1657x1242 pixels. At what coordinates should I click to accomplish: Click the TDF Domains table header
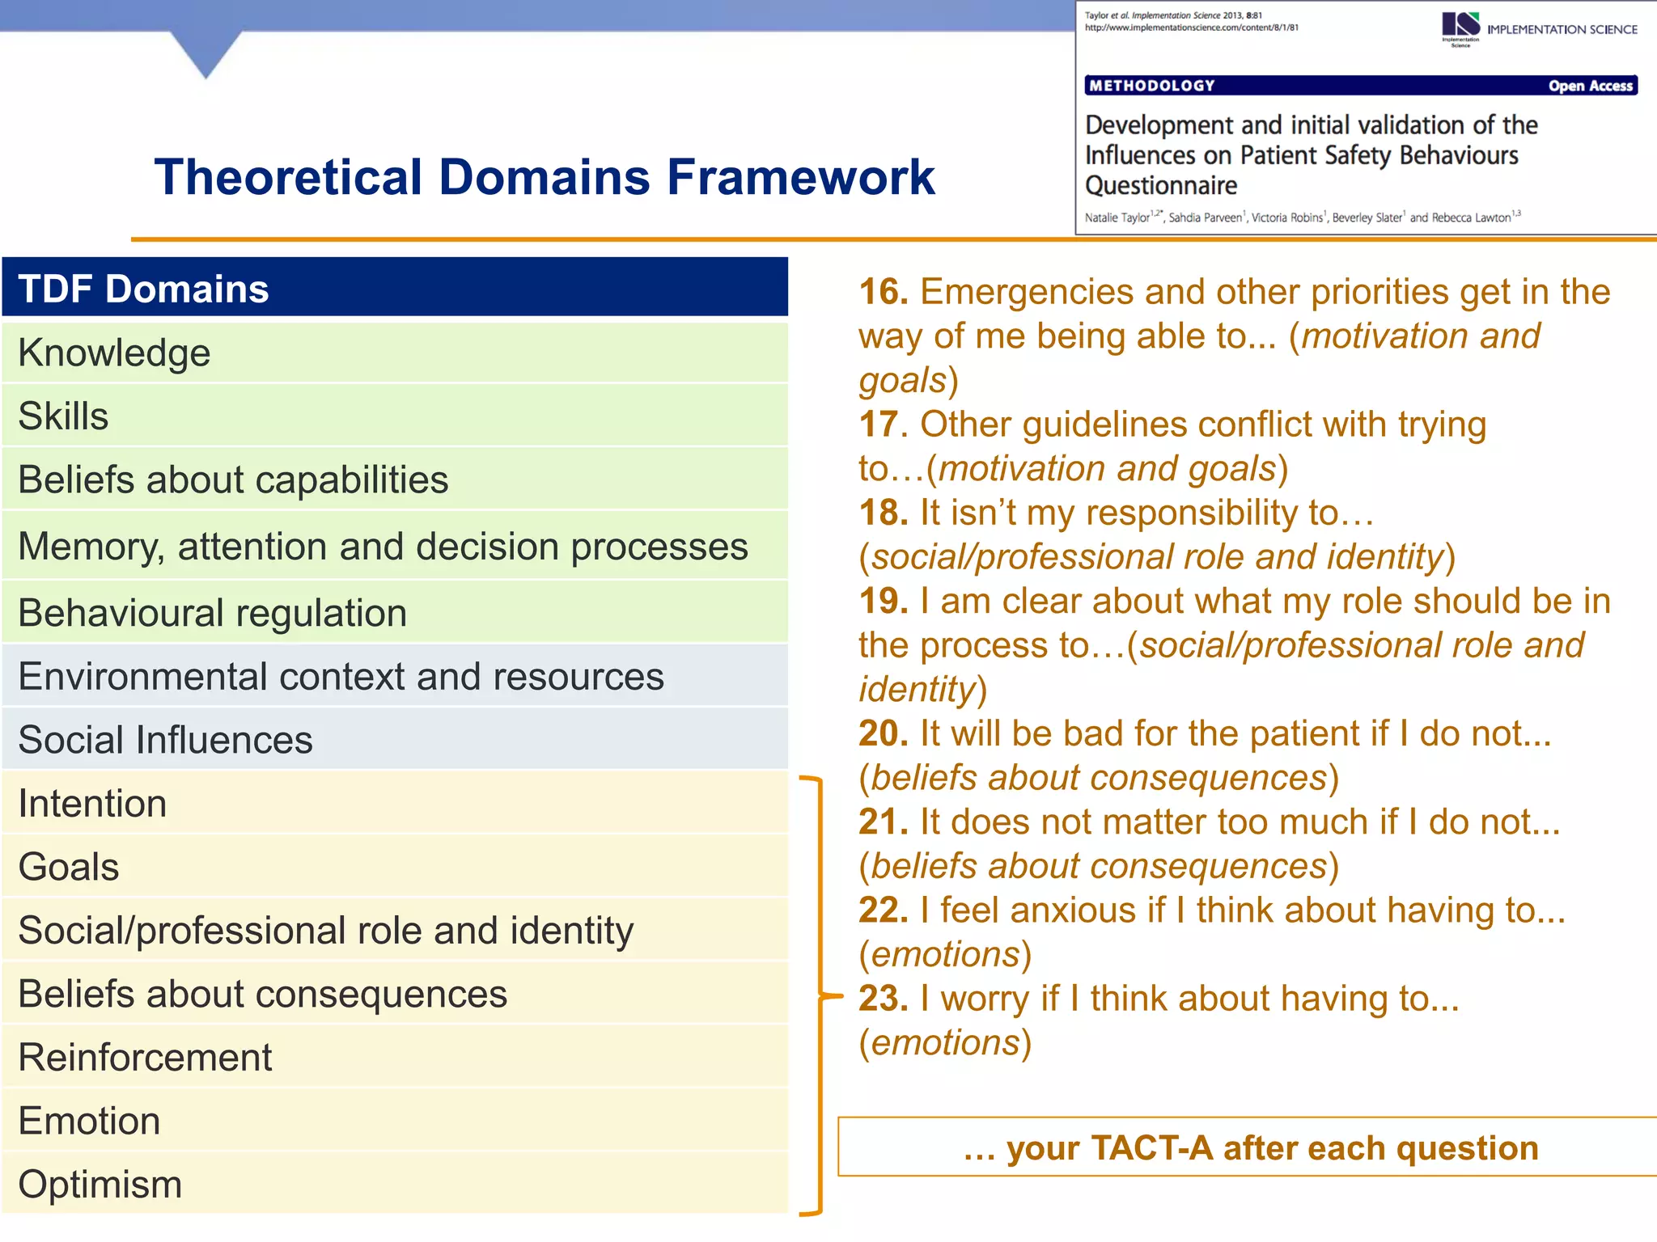(x=394, y=288)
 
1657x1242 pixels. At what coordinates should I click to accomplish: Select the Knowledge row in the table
(x=394, y=353)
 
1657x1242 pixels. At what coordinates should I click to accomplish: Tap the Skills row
(x=394, y=416)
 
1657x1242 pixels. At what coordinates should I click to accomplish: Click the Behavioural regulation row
(x=394, y=612)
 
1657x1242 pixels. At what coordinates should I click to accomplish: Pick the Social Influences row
(x=394, y=739)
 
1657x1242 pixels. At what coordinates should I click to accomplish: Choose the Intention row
(x=394, y=803)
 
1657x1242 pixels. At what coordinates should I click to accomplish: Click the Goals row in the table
(x=394, y=866)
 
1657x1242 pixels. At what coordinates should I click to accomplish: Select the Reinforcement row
(x=394, y=1057)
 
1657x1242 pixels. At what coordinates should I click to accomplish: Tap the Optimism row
(x=394, y=1184)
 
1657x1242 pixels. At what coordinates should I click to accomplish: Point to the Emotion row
(x=394, y=1121)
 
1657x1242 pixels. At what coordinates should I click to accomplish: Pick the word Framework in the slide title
(x=800, y=177)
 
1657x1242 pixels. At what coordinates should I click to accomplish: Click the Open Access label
(x=1590, y=86)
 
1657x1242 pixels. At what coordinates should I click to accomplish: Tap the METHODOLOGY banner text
(x=1152, y=86)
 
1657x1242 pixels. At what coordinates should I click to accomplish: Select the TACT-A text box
(x=1250, y=1147)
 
